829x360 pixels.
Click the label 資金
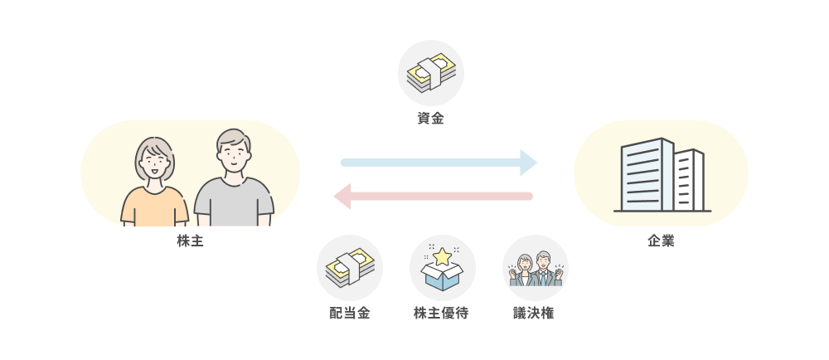coord(430,119)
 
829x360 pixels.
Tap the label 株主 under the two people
coord(190,241)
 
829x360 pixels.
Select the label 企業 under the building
coord(661,241)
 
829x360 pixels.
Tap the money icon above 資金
coord(431,73)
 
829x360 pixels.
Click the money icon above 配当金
coord(349,267)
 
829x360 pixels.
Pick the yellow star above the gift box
coord(443,256)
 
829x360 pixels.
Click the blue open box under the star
coord(443,277)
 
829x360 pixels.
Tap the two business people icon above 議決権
coord(536,269)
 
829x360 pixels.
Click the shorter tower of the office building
coord(688,180)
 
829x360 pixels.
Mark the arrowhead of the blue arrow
coord(528,162)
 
